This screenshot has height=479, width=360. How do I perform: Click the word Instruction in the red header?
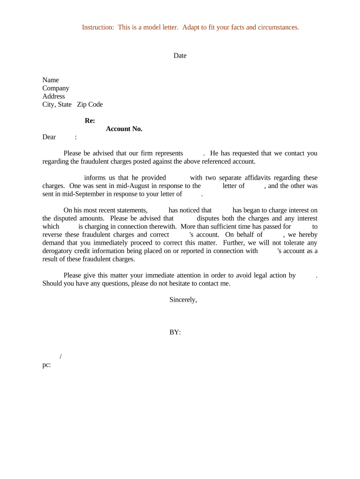click(98, 27)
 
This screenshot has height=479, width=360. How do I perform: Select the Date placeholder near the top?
click(180, 56)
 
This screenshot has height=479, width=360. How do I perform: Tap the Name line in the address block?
click(50, 80)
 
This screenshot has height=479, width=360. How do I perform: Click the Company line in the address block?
click(56, 88)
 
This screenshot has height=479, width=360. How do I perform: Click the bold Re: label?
click(90, 121)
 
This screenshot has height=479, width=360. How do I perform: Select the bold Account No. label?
click(124, 129)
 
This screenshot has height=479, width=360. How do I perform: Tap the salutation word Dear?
click(49, 137)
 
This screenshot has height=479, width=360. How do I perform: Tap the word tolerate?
click(292, 243)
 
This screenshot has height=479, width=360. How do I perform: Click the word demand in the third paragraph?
click(54, 243)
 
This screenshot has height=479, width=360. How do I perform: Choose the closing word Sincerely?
click(183, 300)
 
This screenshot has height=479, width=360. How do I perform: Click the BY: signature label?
click(175, 333)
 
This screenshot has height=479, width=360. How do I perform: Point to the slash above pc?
click(61, 357)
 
